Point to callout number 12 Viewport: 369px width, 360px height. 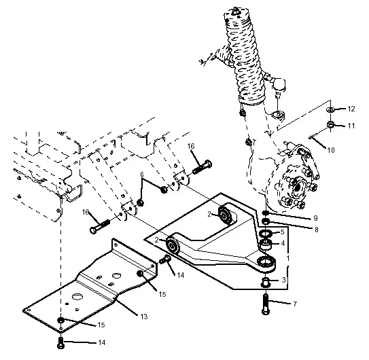pyautogui.click(x=351, y=109)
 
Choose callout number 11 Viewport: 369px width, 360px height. pyautogui.click(x=351, y=126)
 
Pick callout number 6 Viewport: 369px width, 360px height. pyautogui.click(x=141, y=175)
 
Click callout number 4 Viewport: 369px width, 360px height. pyautogui.click(x=283, y=243)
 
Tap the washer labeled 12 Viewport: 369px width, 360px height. pyautogui.click(x=330, y=109)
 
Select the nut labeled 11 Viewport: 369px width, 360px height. pyautogui.click(x=330, y=125)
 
